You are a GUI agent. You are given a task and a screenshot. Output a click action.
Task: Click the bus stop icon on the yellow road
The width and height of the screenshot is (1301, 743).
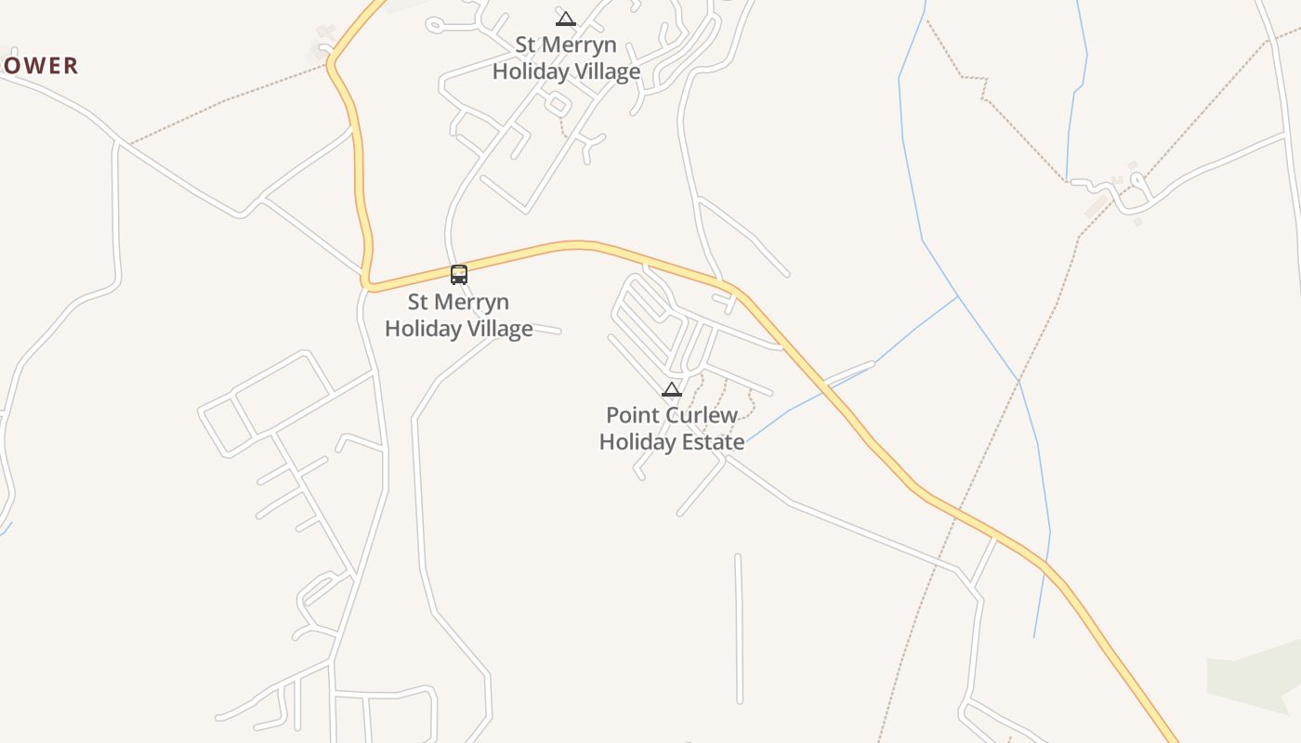(x=459, y=274)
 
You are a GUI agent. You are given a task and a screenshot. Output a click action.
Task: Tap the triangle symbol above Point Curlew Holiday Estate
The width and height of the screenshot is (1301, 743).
(x=671, y=390)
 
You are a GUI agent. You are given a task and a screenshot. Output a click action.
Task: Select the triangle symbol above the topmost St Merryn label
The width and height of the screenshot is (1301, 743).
(x=565, y=19)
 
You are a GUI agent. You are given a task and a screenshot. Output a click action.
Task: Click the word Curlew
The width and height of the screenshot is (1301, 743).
(x=697, y=415)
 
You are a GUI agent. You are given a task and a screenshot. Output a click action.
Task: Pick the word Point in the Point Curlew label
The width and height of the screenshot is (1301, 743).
(x=627, y=415)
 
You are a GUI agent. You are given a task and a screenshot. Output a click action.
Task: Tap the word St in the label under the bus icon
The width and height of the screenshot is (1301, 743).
(x=418, y=302)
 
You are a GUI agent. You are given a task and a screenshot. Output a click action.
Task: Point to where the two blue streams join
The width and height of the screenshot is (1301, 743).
(x=957, y=296)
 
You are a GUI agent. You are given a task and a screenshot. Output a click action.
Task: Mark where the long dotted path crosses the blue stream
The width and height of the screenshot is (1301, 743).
(x=1018, y=382)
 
